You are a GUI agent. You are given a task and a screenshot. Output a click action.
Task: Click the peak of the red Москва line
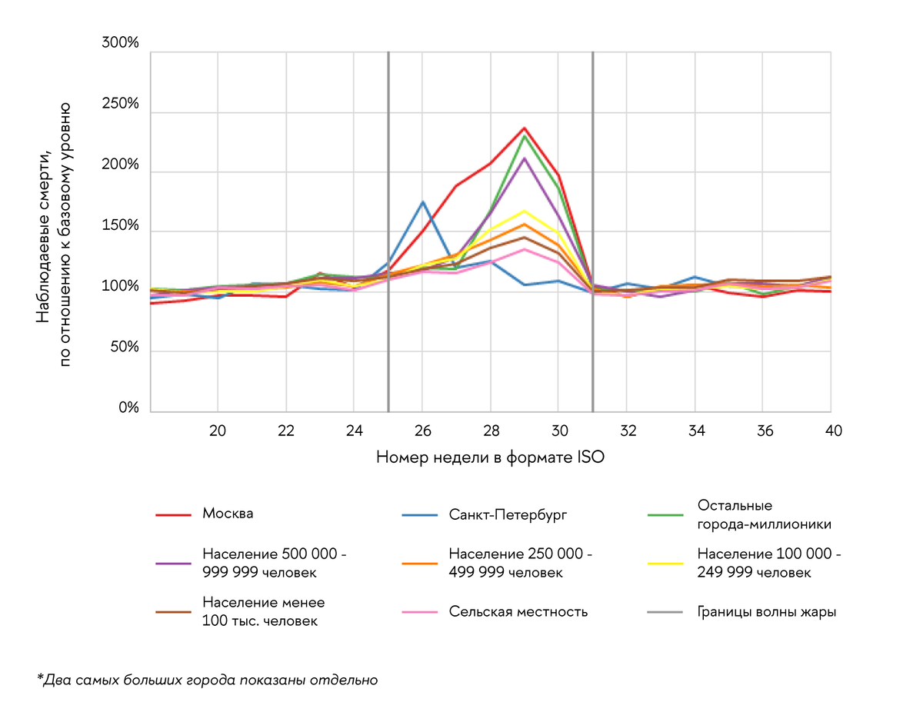(x=524, y=128)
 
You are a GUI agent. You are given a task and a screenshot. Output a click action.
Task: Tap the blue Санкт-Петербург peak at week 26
(x=422, y=201)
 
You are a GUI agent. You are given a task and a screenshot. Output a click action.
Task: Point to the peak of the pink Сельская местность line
(x=524, y=248)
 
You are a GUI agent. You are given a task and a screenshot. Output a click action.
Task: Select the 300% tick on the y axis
(x=121, y=44)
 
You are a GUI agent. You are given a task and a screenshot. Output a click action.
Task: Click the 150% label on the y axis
(x=121, y=226)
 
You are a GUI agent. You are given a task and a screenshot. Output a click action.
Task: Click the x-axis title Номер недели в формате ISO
(x=490, y=457)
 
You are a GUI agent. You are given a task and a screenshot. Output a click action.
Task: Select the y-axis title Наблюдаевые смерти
(x=44, y=234)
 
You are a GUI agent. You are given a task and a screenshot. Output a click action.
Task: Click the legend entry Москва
(x=228, y=514)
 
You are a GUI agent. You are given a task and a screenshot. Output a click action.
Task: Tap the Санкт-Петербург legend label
(x=508, y=514)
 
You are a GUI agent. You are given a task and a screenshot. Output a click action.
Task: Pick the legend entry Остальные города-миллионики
(x=763, y=514)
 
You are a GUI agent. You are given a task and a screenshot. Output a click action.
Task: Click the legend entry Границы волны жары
(x=766, y=612)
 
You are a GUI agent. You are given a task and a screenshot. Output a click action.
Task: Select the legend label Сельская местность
(x=518, y=612)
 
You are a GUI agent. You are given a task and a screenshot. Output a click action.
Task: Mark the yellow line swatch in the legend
(x=666, y=564)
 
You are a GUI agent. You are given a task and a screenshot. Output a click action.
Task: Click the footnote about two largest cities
(x=207, y=680)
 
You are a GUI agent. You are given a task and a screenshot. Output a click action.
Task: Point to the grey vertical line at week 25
(x=388, y=231)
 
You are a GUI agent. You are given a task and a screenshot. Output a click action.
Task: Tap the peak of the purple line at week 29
(x=524, y=158)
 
